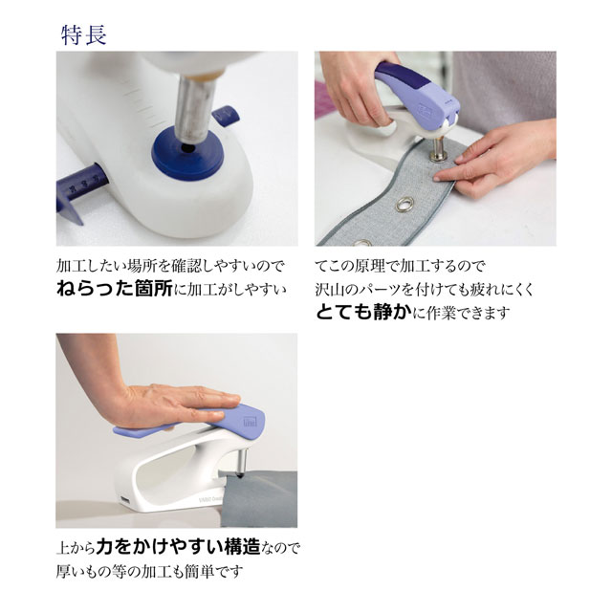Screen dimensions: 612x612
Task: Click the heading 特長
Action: pyautogui.click(x=84, y=35)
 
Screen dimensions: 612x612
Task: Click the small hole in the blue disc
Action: pyautogui.click(x=188, y=148)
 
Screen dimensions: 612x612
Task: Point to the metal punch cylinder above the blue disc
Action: pyautogui.click(x=194, y=108)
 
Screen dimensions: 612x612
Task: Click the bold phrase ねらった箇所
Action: pyautogui.click(x=115, y=289)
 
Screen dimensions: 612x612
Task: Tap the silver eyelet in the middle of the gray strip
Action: pyautogui.click(x=404, y=204)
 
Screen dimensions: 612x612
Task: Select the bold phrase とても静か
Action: pyautogui.click(x=363, y=313)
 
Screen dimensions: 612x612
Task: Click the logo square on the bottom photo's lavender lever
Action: pyautogui.click(x=249, y=421)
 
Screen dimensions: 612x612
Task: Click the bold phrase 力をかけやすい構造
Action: pyautogui.click(x=179, y=547)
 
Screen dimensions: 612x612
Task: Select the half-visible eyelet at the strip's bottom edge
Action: pyautogui.click(x=362, y=242)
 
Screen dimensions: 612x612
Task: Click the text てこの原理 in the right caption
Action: pyautogui.click(x=350, y=266)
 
